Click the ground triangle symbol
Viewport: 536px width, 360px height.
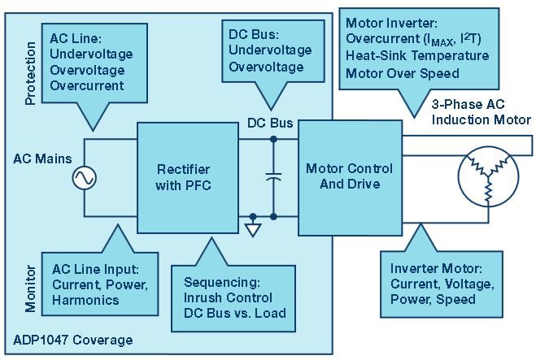(x=255, y=230)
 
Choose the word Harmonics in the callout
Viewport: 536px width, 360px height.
(x=87, y=300)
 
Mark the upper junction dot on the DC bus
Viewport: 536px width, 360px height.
(x=272, y=138)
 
